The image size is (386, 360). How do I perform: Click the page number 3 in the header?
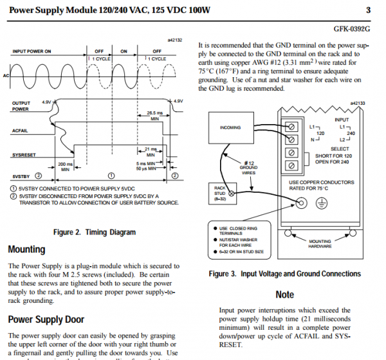click(368, 10)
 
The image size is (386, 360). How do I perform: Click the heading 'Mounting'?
click(26, 249)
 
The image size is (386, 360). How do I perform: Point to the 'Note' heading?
click(284, 295)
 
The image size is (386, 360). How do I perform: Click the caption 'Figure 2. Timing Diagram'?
click(94, 233)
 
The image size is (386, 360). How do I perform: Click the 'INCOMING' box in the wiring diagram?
click(230, 127)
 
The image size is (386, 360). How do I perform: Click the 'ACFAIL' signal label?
click(22, 130)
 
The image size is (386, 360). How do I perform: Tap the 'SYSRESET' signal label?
click(25, 155)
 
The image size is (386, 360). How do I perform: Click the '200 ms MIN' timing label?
click(64, 166)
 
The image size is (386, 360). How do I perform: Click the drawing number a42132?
click(174, 40)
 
